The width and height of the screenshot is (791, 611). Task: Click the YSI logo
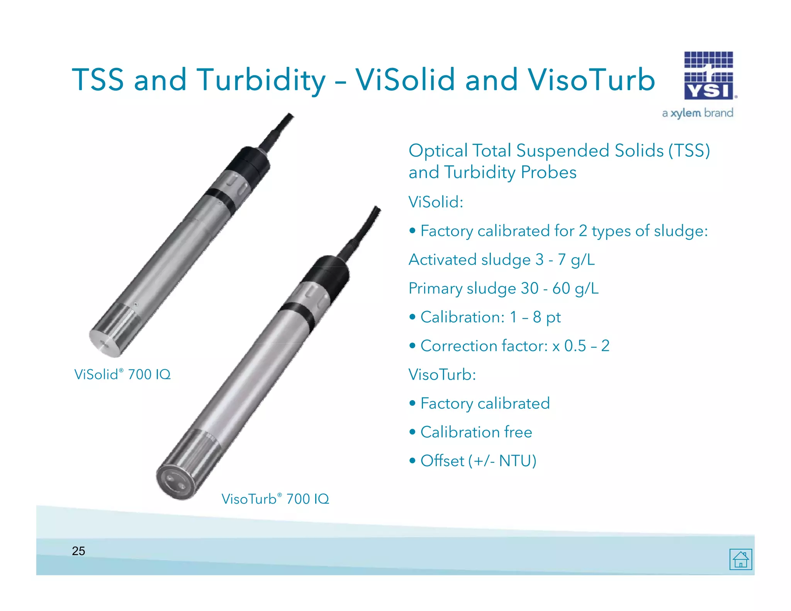[x=709, y=76]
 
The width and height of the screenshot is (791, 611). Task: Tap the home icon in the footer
[x=740, y=559]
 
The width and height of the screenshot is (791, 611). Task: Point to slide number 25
[x=78, y=551]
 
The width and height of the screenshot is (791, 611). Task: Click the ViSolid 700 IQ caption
[x=122, y=374]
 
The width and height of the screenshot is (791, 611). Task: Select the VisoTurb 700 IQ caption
[x=275, y=499]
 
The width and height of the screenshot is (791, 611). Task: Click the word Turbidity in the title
[x=261, y=80]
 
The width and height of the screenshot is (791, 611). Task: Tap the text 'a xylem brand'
[x=697, y=113]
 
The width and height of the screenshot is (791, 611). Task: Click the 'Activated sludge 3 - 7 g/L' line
[x=501, y=260]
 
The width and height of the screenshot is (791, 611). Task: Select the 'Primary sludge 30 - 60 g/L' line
[x=503, y=289]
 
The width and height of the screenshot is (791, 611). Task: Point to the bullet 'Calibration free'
[x=476, y=432]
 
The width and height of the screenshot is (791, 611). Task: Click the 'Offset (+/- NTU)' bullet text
[x=478, y=461]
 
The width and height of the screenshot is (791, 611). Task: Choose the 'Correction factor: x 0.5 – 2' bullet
[x=514, y=346]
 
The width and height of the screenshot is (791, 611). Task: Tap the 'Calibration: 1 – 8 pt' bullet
[x=490, y=317]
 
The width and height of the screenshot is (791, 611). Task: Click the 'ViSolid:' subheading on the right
[x=436, y=202]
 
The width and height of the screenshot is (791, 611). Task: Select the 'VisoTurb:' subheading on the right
[x=442, y=375]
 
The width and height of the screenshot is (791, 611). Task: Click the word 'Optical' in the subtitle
[x=438, y=151]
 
